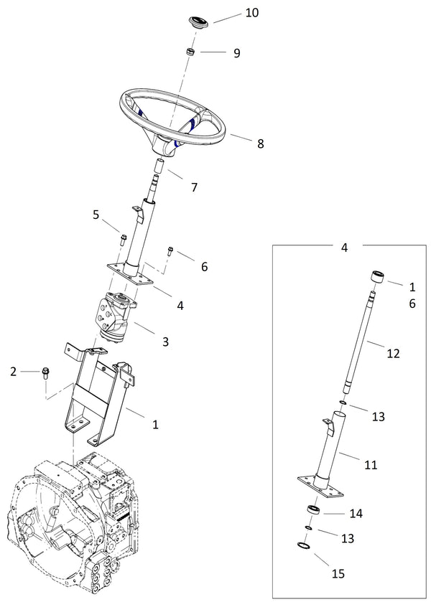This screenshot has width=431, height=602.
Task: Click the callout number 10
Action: click(232, 13)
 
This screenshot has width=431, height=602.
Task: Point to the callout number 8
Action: click(260, 144)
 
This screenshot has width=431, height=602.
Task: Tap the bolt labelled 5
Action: click(122, 237)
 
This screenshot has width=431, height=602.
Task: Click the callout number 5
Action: click(95, 214)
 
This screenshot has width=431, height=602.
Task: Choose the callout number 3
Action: click(165, 342)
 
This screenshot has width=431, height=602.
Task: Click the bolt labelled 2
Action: click(47, 372)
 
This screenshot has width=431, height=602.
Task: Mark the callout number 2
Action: click(13, 371)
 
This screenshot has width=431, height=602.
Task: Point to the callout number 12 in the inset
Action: click(393, 353)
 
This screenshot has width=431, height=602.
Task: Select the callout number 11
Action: click(371, 465)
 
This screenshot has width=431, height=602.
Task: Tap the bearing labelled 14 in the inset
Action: click(315, 510)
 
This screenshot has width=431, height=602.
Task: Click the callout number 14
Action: click(356, 514)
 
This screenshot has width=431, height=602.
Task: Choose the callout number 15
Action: click(338, 573)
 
